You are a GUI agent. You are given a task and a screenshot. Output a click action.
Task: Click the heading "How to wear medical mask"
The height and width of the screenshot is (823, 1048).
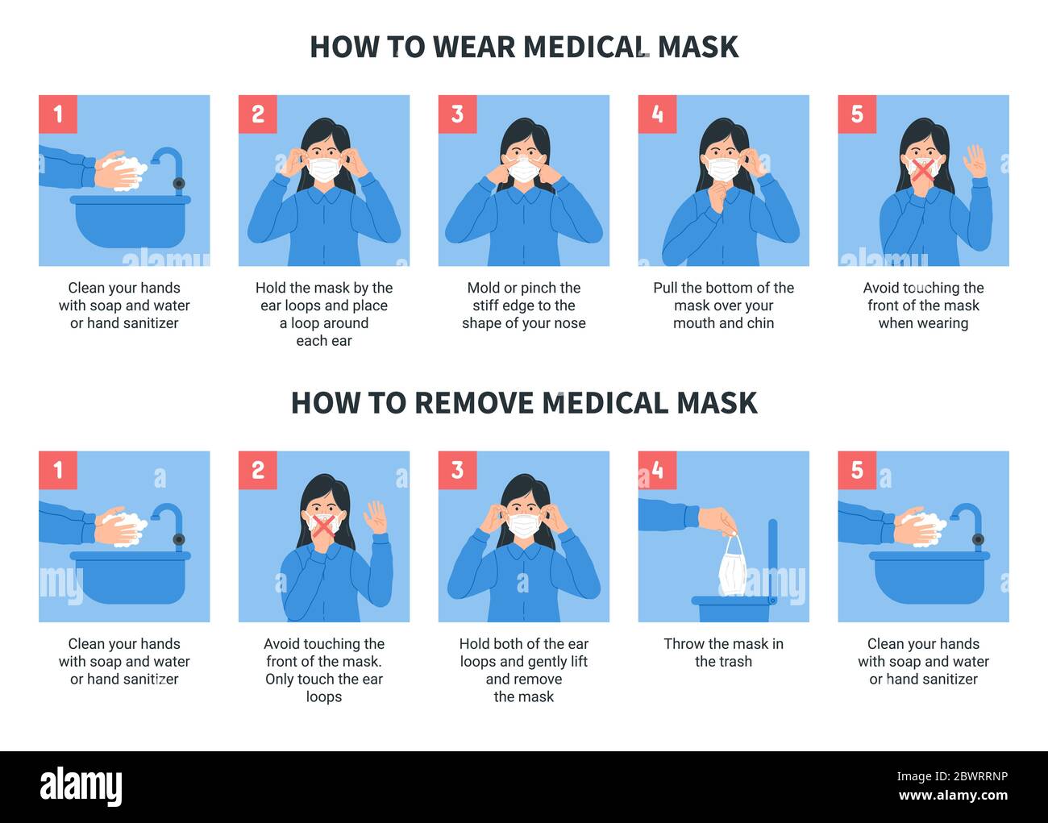click(x=524, y=47)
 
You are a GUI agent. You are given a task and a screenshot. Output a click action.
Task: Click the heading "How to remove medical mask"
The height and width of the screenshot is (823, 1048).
click(x=524, y=403)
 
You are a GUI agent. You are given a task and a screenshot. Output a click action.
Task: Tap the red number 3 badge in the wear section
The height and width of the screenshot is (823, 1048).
click(x=457, y=114)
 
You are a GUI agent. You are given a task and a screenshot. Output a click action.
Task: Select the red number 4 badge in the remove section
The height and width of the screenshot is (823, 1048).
click(x=657, y=470)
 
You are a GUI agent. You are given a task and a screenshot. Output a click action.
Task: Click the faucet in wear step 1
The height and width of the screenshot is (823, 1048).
click(x=170, y=165)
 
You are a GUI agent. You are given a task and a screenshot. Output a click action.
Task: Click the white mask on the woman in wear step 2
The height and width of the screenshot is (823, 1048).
click(x=324, y=170)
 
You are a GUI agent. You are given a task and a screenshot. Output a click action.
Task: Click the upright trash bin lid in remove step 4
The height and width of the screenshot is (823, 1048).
click(x=772, y=556)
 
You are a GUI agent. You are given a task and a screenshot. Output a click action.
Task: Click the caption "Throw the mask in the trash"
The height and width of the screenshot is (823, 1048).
click(x=723, y=652)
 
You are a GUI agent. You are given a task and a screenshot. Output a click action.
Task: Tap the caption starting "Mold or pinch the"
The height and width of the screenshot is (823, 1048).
click(x=524, y=306)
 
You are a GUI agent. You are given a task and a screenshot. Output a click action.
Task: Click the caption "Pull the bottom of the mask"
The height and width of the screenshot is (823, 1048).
click(x=723, y=306)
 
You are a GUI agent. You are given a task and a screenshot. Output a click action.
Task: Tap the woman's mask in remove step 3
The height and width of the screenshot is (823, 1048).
click(x=524, y=526)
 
